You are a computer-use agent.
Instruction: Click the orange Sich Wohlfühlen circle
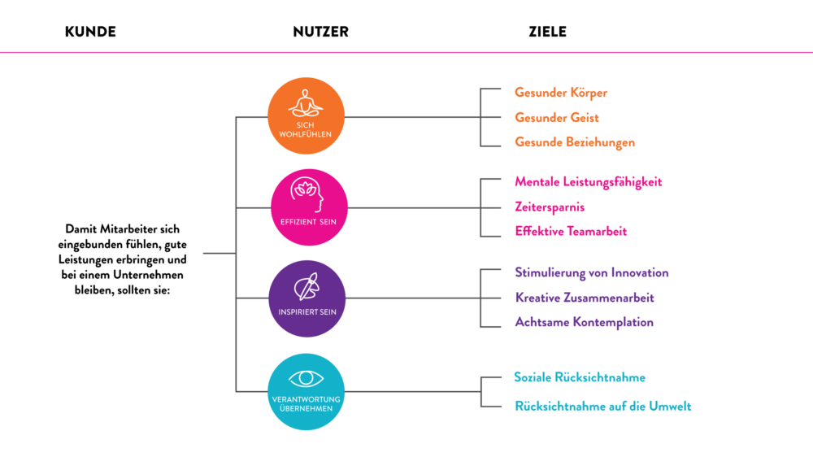(x=307, y=116)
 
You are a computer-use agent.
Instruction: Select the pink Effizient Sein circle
(x=309, y=207)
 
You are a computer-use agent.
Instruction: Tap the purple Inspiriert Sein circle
(x=307, y=298)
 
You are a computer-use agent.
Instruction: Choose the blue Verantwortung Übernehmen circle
(x=307, y=391)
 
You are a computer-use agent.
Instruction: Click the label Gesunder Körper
(x=561, y=93)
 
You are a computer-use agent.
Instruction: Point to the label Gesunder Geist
(x=557, y=118)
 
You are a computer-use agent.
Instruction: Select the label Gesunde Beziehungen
(x=575, y=143)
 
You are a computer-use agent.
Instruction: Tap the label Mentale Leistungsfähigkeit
(x=589, y=181)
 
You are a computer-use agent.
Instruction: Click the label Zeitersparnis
(x=550, y=207)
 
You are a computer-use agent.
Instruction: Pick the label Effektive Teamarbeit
(x=571, y=232)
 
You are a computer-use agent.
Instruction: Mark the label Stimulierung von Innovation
(x=592, y=273)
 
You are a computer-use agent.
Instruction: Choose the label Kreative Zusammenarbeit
(x=585, y=298)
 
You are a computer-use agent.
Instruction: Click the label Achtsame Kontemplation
(x=584, y=322)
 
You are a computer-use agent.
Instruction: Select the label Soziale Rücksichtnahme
(x=580, y=377)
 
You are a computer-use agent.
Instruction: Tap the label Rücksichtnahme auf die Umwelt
(x=603, y=407)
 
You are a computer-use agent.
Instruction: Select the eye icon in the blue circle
(x=307, y=379)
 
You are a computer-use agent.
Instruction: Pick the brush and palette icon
(x=307, y=286)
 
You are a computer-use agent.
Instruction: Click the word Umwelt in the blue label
(x=670, y=407)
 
